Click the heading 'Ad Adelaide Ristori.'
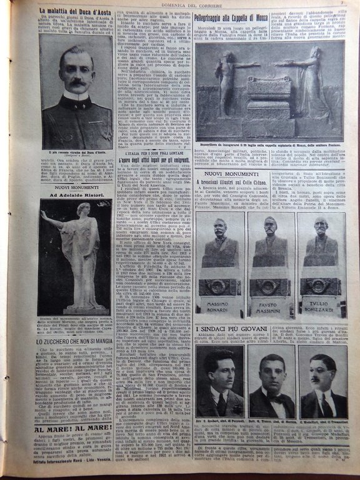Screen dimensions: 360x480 [75, 194]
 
